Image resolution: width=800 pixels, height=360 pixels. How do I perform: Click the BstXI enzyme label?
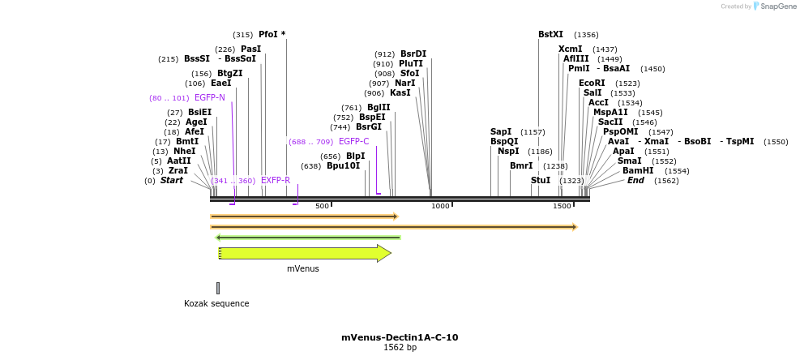pyautogui.click(x=550, y=35)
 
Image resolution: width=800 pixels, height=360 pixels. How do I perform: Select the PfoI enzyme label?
pyautogui.click(x=268, y=35)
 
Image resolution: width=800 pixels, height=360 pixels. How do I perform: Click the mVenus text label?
pyautogui.click(x=303, y=268)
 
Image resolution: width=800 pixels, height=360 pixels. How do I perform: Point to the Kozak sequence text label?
pyautogui.click(x=216, y=303)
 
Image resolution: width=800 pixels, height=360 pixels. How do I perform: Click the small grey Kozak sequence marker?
pyautogui.click(x=217, y=288)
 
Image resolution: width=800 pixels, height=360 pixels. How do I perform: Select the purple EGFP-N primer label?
pyautogui.click(x=209, y=98)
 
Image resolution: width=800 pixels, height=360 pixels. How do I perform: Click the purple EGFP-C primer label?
pyautogui.click(x=353, y=142)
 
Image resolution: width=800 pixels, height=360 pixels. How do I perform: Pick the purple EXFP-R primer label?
pyautogui.click(x=276, y=180)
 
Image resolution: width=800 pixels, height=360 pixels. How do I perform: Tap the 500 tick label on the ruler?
pyautogui.click(x=322, y=206)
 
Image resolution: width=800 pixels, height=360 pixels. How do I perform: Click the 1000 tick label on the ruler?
pyautogui.click(x=440, y=206)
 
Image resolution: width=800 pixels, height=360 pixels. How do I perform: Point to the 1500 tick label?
pyautogui.click(x=562, y=206)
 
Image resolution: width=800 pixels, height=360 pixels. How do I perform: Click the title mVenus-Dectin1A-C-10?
pyautogui.click(x=400, y=337)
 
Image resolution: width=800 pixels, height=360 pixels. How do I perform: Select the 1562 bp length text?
pyautogui.click(x=400, y=348)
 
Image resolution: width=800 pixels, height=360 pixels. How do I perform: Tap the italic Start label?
pyautogui.click(x=171, y=180)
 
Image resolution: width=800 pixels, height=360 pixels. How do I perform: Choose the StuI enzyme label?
pyautogui.click(x=541, y=180)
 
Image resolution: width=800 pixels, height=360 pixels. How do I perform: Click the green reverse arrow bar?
pyautogui.click(x=308, y=237)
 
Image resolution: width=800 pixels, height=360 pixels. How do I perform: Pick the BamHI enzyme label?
pyautogui.click(x=638, y=170)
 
